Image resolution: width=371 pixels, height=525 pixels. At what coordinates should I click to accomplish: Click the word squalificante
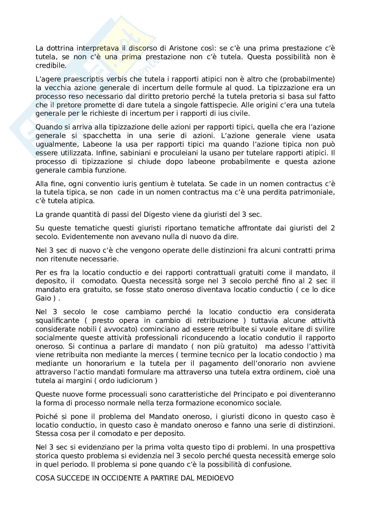[x=58, y=321]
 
